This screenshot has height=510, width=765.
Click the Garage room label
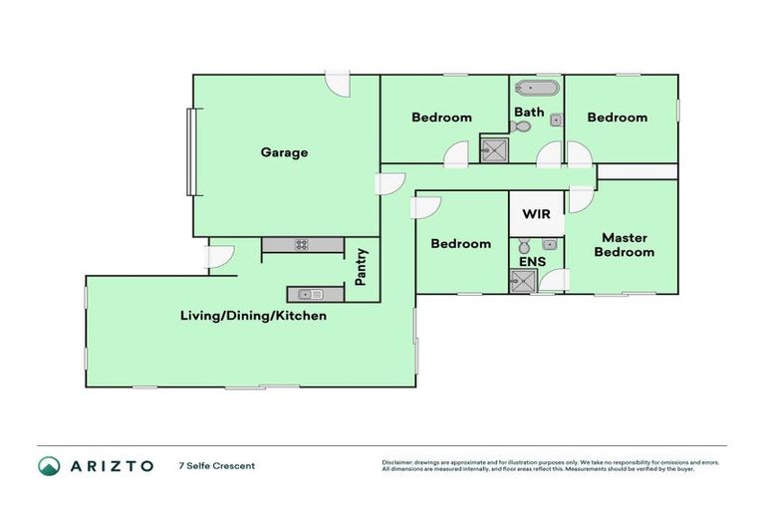tap(284, 152)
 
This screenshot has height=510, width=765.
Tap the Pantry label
tap(362, 267)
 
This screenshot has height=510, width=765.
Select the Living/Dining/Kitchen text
tap(253, 316)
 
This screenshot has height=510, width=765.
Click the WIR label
tap(536, 214)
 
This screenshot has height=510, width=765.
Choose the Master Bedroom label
tap(625, 245)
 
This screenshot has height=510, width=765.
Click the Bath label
tap(529, 112)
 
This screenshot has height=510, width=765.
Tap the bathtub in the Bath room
tap(536, 88)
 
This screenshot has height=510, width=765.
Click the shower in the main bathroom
tap(494, 150)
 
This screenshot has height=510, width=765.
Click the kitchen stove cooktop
tap(300, 244)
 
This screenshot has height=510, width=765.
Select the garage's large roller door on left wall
tap(189, 151)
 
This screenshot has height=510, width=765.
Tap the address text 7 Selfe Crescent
tap(217, 465)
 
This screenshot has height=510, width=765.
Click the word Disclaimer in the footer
tap(399, 462)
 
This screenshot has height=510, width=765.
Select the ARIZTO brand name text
tap(111, 465)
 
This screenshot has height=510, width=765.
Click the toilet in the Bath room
tap(519, 127)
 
